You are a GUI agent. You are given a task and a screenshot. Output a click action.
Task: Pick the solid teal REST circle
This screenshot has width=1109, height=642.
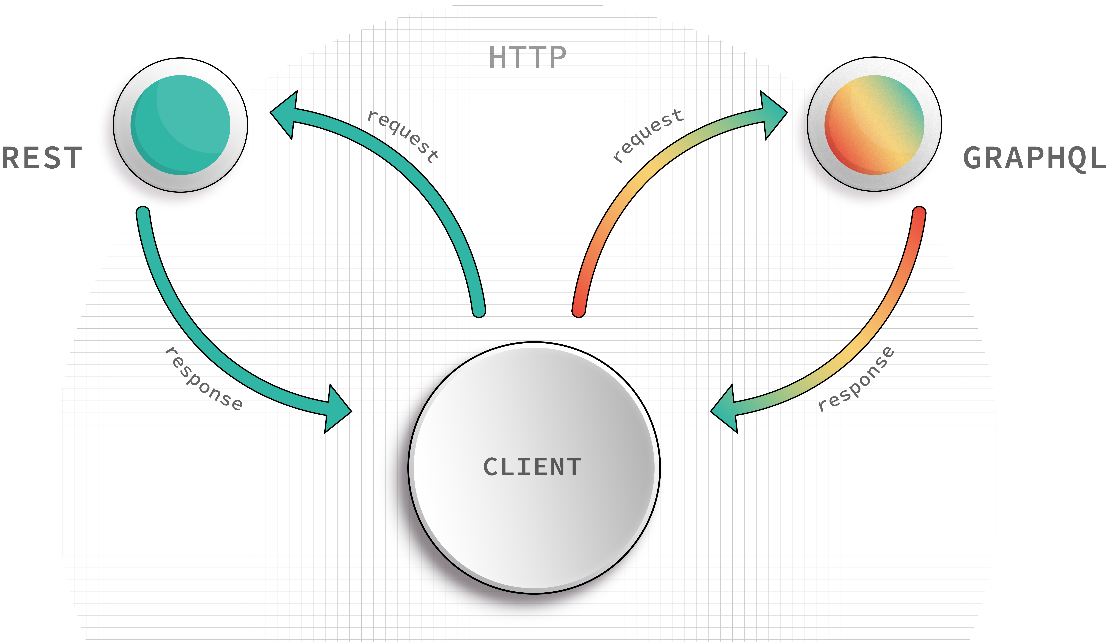[180, 125]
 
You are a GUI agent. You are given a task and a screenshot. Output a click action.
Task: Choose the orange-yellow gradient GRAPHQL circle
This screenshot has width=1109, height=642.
[874, 125]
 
